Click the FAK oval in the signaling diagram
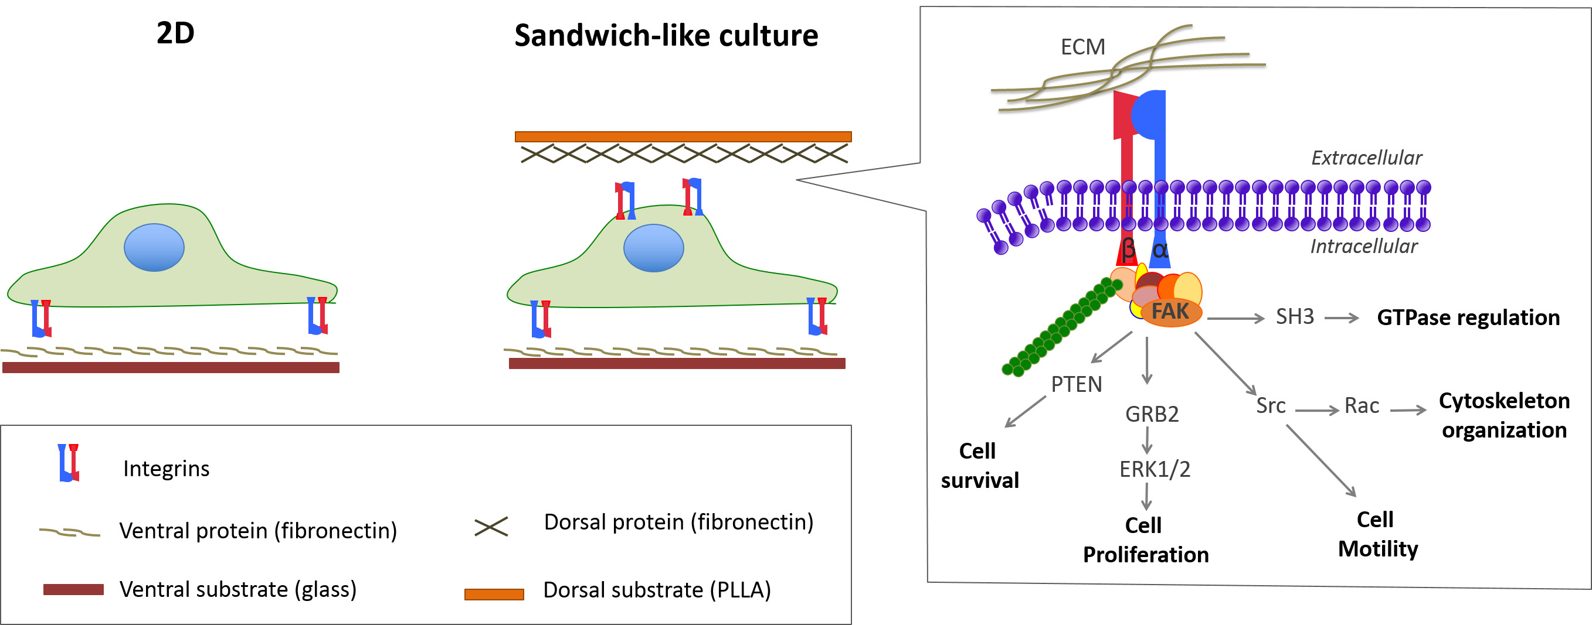point(1170,312)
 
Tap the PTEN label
point(1077,385)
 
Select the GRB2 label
point(1152,414)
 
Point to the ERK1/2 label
point(1155,469)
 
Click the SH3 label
point(1295,317)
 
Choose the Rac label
point(1362,407)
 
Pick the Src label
point(1271,406)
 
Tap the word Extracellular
point(1366,158)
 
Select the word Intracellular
point(1363,247)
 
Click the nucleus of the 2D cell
point(154,248)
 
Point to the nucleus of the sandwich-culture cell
point(653,248)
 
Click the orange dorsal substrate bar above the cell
point(683,136)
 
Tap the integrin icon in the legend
point(69,463)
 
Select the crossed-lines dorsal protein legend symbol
point(491,527)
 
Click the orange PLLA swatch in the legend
point(494,594)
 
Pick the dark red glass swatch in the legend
point(73,590)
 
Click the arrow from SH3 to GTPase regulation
point(1342,318)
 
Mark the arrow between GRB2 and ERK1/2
point(1147,440)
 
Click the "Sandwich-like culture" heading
point(666,35)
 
